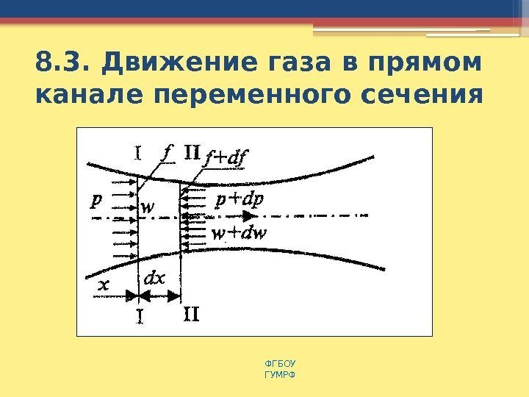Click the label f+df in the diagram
click(x=226, y=157)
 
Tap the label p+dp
click(x=240, y=199)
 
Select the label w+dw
click(x=239, y=234)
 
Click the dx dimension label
click(x=154, y=280)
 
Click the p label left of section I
click(x=97, y=200)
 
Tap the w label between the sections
click(x=148, y=208)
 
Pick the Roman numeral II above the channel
click(x=191, y=154)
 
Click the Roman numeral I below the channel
click(x=138, y=316)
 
